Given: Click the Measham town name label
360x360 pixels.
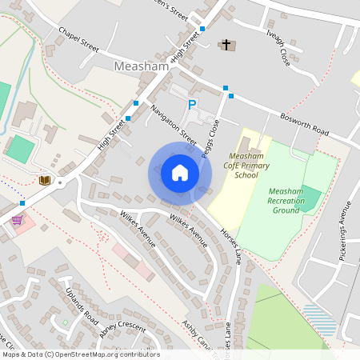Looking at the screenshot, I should pyautogui.click(x=142, y=66).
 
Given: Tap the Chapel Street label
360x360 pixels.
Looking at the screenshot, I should pyautogui.click(x=78, y=39).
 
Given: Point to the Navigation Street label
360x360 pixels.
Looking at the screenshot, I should pyautogui.click(x=173, y=126).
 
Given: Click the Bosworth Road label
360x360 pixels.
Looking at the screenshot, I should pyautogui.click(x=305, y=123).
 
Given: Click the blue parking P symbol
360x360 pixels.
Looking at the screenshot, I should pyautogui.click(x=192, y=105).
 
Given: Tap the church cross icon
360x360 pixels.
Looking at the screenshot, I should pyautogui.click(x=226, y=44).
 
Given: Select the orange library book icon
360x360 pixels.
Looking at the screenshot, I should pyautogui.click(x=44, y=180).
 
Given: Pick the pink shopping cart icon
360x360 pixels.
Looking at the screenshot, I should pyautogui.click(x=17, y=218).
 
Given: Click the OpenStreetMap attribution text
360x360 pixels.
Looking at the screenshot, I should pyautogui.click(x=81, y=354).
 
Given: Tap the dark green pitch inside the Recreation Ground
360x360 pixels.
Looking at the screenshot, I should pyautogui.click(x=307, y=198).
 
